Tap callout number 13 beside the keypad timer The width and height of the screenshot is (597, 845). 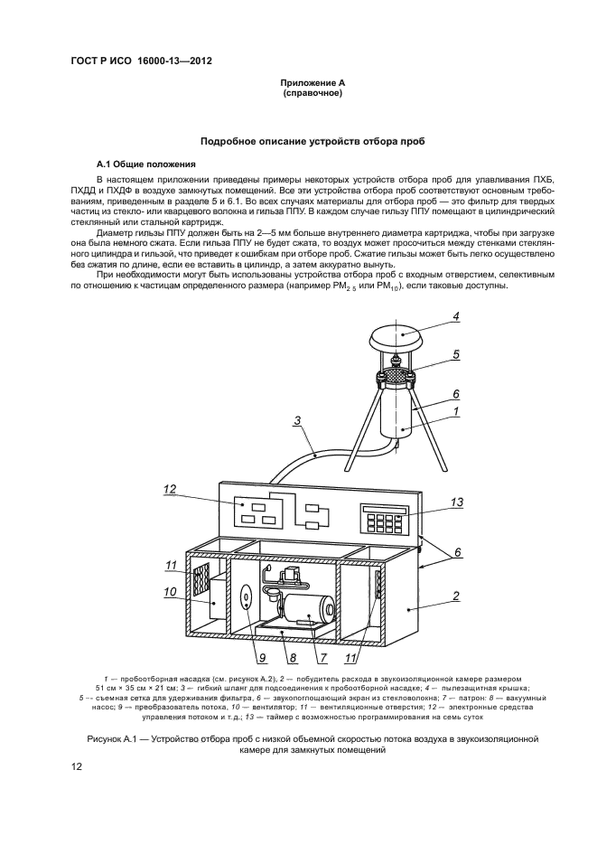pyautogui.click(x=457, y=502)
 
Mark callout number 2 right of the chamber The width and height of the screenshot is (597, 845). pyautogui.click(x=457, y=596)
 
